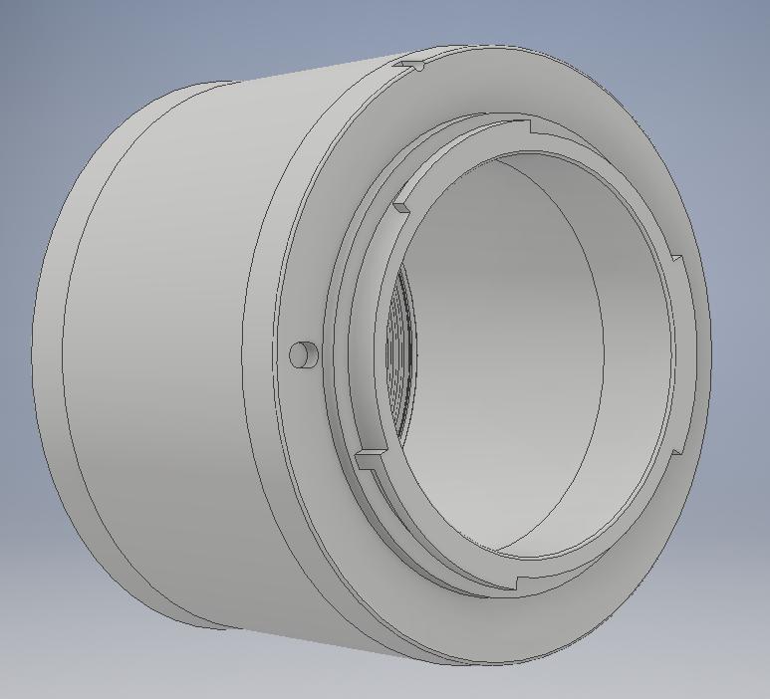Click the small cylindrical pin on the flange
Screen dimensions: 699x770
302,353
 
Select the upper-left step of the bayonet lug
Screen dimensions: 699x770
400,209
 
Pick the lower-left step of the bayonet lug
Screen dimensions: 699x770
370,457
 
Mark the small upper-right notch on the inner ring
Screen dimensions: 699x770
677,260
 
